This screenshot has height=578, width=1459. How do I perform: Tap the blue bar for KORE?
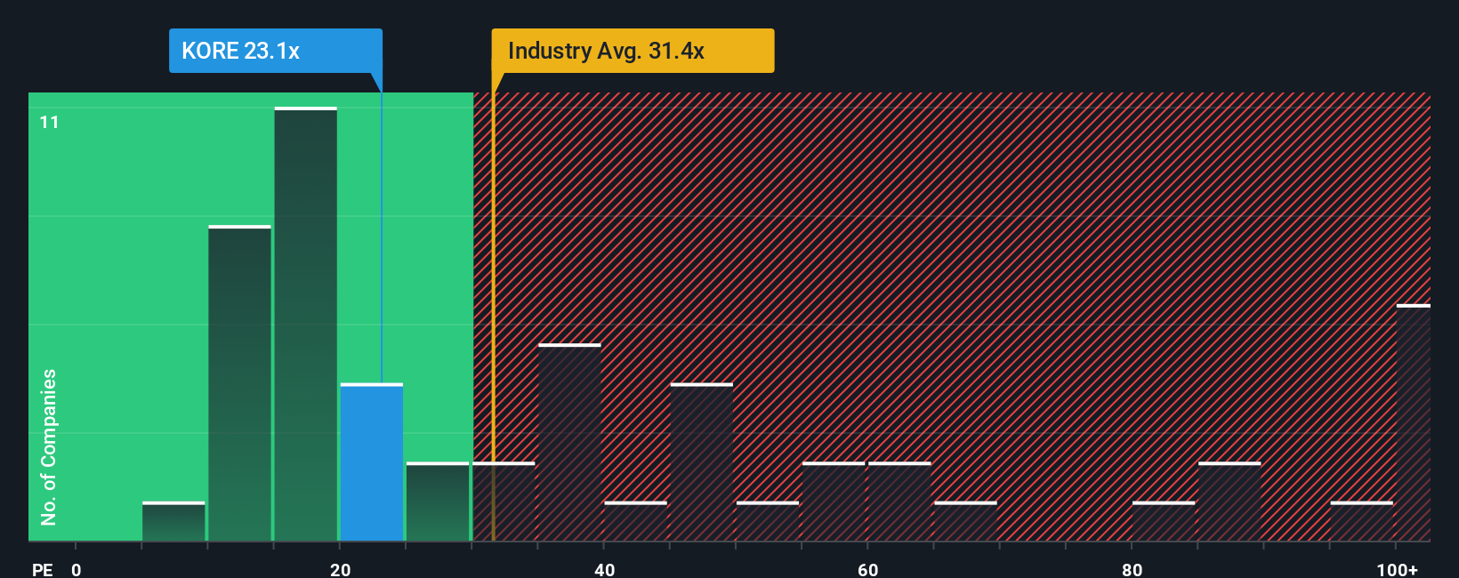[372, 462]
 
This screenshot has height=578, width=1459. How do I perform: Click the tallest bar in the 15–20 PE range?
[306, 325]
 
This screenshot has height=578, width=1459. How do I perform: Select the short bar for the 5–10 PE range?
[173, 522]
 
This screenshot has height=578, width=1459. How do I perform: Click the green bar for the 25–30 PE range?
[438, 502]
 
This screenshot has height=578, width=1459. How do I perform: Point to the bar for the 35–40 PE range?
[569, 443]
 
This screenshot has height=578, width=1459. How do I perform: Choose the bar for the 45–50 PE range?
[702, 462]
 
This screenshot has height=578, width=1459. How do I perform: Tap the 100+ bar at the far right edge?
[1413, 423]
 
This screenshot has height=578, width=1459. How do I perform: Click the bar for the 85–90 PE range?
[1229, 502]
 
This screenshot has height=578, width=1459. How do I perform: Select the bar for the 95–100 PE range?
[1361, 522]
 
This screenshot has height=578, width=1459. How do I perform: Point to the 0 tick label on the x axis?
[77, 569]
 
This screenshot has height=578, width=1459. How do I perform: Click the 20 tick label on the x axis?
[340, 569]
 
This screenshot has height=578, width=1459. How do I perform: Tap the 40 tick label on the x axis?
[604, 569]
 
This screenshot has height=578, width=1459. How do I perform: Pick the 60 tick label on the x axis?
[867, 569]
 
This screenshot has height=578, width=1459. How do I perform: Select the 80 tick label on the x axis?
[1132, 569]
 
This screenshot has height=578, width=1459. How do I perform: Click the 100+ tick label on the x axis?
[1397, 569]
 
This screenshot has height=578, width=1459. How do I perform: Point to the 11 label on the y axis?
[50, 122]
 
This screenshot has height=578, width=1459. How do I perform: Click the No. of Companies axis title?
[49, 446]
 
